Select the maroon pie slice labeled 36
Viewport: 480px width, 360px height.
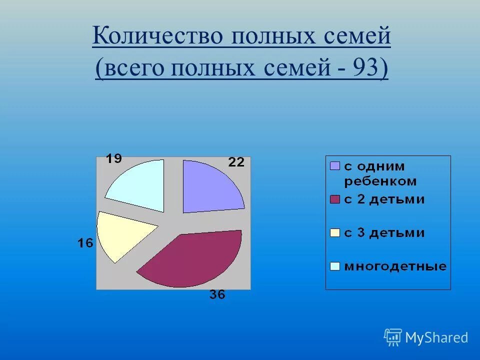[x=195, y=257]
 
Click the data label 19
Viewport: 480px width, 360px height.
[x=113, y=159]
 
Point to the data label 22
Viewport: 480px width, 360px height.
[x=236, y=162]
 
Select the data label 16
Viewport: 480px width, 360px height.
[x=85, y=243]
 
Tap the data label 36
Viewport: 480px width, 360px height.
[x=217, y=295]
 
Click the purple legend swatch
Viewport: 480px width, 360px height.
[x=334, y=166]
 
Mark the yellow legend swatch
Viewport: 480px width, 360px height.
[x=334, y=233]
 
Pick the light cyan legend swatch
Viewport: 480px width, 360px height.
[x=334, y=266]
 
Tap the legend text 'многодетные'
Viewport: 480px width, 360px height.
[x=395, y=266]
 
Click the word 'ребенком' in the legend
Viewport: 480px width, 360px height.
[x=380, y=181]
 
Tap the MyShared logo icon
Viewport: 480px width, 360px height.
[x=392, y=338]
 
